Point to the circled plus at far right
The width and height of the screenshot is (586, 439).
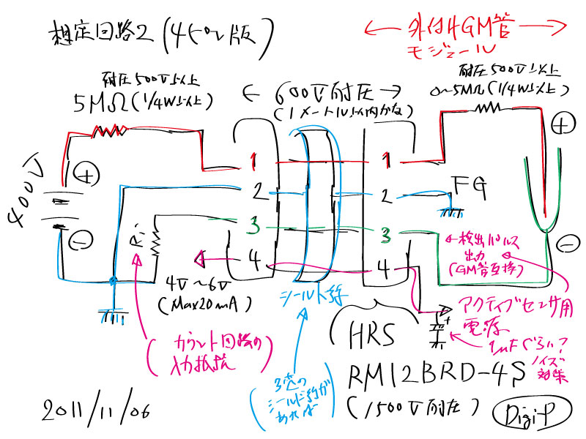coord(559,126)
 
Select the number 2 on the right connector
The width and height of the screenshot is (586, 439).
coord(385,196)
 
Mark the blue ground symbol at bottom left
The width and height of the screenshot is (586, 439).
coord(111,315)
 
